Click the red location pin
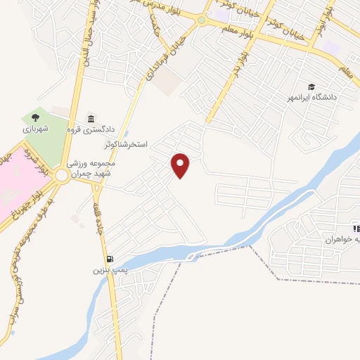pos(181,165)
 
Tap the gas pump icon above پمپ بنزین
pos(109,259)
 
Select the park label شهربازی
pos(34,129)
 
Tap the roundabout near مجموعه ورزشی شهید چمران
pos(62,176)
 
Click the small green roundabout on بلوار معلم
pos(201,20)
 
